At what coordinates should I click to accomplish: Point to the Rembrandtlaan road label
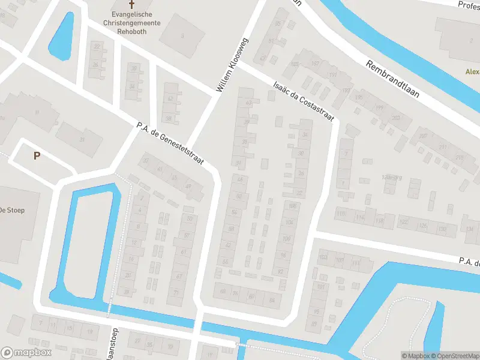tap(392, 79)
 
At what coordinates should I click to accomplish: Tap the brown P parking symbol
tap(37, 156)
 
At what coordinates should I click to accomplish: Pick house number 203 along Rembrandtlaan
tap(395, 118)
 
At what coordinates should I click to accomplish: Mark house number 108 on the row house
tap(292, 207)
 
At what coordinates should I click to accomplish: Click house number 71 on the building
tap(176, 292)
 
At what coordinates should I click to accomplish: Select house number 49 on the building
tap(188, 186)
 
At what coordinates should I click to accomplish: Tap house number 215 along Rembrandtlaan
tap(459, 157)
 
